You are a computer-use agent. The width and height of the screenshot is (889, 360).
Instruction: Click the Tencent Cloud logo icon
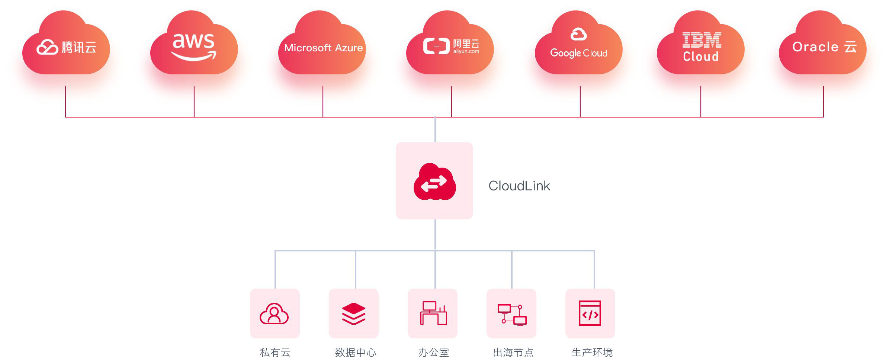tap(47, 47)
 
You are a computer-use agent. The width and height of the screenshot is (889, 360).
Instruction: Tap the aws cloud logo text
tap(193, 41)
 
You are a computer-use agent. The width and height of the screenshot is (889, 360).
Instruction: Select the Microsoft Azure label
tap(323, 48)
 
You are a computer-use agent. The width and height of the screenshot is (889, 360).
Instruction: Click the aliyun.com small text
tap(466, 52)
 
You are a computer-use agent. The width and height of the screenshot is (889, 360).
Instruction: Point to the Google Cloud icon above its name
tap(578, 34)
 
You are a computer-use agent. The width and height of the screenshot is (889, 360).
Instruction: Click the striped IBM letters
tap(702, 40)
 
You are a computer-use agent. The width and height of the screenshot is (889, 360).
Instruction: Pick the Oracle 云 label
tap(824, 47)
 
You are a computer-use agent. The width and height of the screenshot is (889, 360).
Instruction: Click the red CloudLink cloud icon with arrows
tap(434, 182)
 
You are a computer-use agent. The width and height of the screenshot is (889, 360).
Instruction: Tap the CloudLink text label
tap(519, 186)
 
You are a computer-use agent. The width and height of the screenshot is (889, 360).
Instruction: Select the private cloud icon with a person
tap(274, 314)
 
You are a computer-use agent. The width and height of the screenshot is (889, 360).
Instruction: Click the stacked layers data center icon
tap(353, 314)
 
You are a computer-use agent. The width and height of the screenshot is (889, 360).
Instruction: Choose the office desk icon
tap(433, 314)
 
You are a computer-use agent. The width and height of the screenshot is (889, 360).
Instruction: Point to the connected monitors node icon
tap(512, 315)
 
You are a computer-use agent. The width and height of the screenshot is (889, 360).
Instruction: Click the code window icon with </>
tap(590, 313)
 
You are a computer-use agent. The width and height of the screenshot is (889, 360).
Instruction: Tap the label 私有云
tap(275, 352)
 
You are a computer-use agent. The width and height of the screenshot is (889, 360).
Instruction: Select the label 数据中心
tap(355, 352)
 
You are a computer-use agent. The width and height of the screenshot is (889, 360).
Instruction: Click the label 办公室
tap(433, 352)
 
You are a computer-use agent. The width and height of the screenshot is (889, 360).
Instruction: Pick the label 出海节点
tap(513, 352)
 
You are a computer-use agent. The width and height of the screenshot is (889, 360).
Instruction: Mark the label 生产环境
tap(592, 352)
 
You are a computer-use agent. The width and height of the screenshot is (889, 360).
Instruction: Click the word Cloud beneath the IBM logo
tap(701, 57)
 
